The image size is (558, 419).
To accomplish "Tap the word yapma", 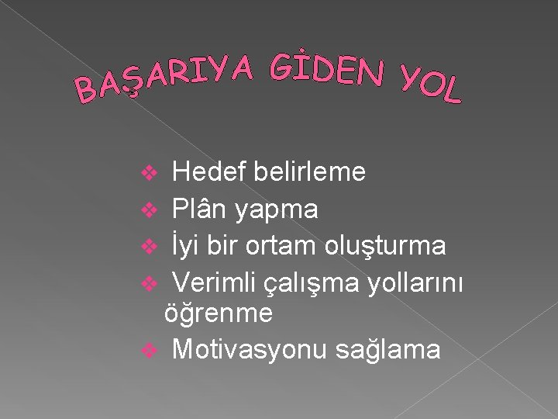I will click(277, 209).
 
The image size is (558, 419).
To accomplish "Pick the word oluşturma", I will click(387, 246).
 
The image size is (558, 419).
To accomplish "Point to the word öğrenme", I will click(219, 313).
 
